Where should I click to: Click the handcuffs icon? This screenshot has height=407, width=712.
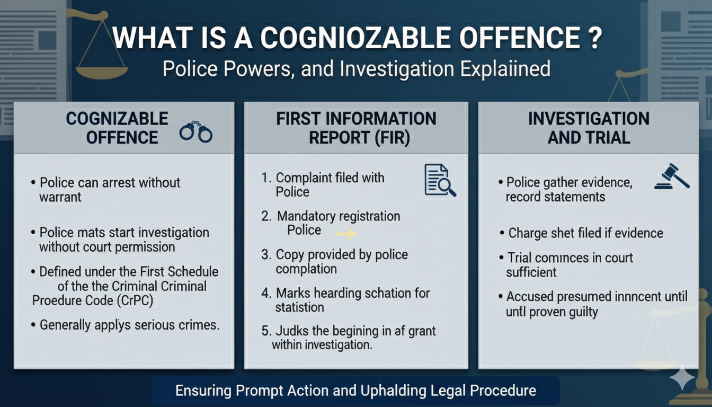point(196,131)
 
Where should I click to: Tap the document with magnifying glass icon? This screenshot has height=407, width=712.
point(440,180)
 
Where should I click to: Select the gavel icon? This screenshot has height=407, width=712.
point(672,177)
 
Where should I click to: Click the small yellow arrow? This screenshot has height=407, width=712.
point(346,234)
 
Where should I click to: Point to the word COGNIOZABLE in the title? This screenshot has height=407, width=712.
point(355,38)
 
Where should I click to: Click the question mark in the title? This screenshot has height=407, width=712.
point(594,38)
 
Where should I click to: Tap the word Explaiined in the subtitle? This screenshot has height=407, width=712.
point(505,69)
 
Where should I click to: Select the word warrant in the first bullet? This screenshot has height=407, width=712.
point(60,198)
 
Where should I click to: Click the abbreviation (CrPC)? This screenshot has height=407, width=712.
point(135,300)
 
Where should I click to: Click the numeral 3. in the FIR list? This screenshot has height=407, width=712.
point(266,255)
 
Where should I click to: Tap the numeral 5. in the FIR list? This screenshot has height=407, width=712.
point(266,331)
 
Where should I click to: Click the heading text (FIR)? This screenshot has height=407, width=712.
point(392,138)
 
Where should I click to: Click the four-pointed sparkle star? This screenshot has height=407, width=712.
point(682,377)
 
